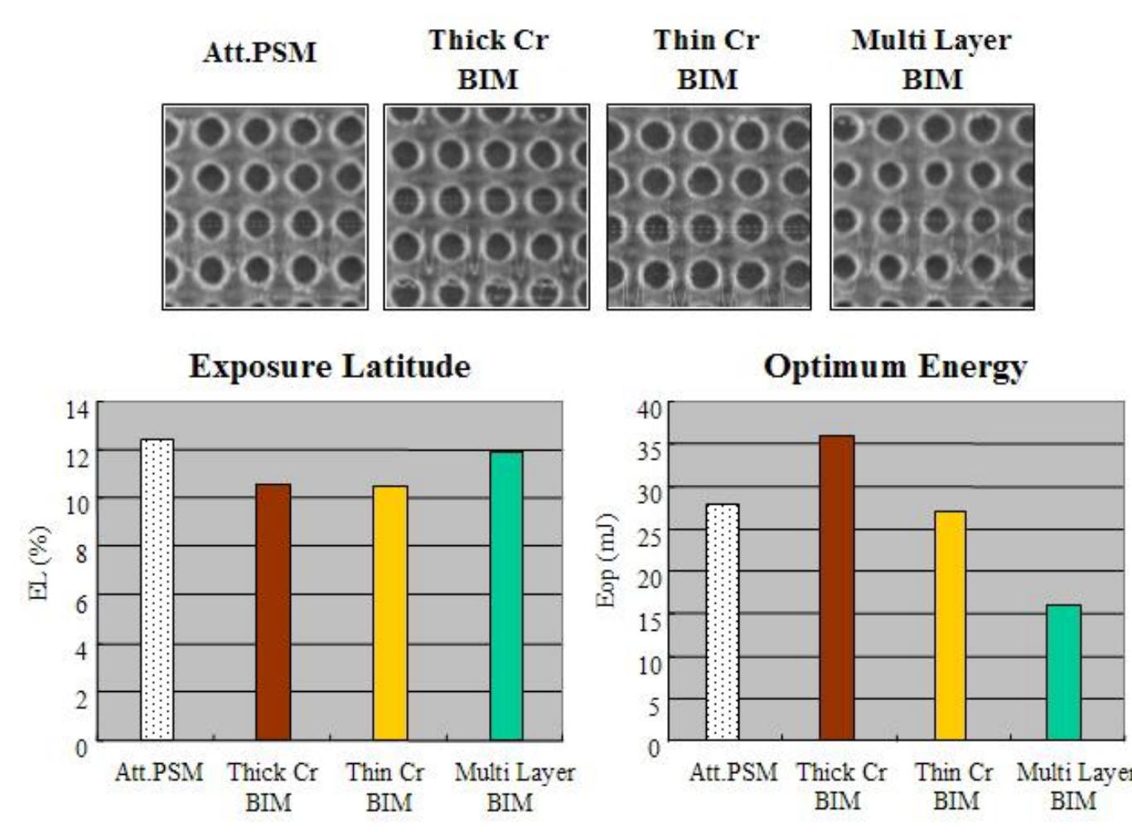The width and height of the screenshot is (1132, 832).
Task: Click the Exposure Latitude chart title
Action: [329, 366]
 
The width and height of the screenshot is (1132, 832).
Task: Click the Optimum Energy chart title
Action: [895, 366]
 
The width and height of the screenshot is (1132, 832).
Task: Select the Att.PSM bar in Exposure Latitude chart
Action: [157, 589]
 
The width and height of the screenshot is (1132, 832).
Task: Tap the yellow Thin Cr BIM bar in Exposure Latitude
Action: [389, 612]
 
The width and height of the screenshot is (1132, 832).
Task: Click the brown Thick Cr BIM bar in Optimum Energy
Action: [836, 588]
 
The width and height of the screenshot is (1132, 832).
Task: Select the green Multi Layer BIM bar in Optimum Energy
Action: [1063, 672]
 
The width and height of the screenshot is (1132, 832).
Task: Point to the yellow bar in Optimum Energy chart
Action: [950, 626]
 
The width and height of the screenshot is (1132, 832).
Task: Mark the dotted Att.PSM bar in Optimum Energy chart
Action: [723, 622]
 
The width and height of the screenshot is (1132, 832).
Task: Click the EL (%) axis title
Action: [40, 563]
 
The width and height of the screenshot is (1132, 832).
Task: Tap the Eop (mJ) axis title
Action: [607, 560]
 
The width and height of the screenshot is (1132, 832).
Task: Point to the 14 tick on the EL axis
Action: [77, 409]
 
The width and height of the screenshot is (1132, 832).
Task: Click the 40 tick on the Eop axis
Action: [649, 409]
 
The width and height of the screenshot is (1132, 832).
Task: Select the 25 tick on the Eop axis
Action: [649, 536]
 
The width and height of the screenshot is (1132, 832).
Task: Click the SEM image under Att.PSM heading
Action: [265, 207]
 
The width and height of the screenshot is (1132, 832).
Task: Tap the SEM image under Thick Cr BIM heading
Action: [486, 207]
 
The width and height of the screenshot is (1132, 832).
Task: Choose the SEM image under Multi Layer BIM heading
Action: [932, 207]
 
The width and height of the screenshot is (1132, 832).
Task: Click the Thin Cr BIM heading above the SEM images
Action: [706, 60]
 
